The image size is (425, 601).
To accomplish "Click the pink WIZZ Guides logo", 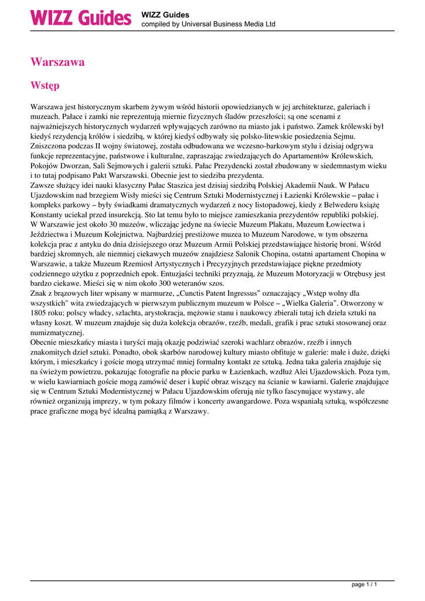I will pyautogui.click(x=80, y=18).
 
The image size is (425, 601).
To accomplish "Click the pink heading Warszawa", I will pyautogui.click(x=57, y=62).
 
